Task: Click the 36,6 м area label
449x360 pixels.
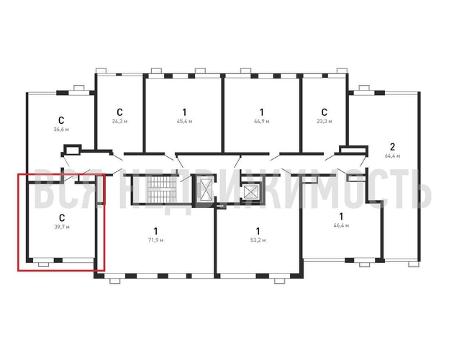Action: point(61,130)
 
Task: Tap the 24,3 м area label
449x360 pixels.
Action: point(119,121)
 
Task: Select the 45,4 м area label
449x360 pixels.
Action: point(184,121)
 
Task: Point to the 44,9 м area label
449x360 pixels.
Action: point(262,121)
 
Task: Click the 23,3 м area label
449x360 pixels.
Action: point(325,121)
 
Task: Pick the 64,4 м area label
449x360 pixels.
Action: point(393,156)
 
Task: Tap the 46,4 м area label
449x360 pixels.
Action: point(341,225)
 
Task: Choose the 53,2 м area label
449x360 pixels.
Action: point(258,240)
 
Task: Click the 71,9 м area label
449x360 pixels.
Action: point(155,240)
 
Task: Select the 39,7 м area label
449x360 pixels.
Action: point(62,227)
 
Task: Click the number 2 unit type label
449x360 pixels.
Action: point(393,147)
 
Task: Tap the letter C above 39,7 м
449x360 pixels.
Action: point(62,218)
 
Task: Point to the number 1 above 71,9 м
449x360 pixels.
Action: point(155,230)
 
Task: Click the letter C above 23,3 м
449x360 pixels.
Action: point(324,112)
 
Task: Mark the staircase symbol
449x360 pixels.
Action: point(160,189)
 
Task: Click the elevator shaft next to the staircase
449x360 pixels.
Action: point(206,189)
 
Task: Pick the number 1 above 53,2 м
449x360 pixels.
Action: point(258,230)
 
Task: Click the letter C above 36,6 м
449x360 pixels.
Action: point(61,120)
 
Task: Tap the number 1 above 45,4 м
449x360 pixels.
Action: point(184,112)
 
